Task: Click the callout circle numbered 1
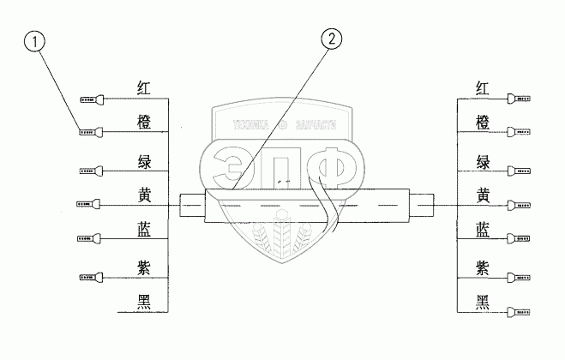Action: pyautogui.click(x=33, y=40)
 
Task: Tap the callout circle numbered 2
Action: pyautogui.click(x=332, y=39)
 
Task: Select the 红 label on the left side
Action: pyautogui.click(x=145, y=87)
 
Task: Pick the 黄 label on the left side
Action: pyautogui.click(x=145, y=195)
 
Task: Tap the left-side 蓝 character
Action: pyautogui.click(x=145, y=229)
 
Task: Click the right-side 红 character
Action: pyautogui.click(x=483, y=87)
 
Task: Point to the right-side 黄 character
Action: pyautogui.click(x=483, y=195)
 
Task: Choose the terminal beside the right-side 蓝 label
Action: pyautogui.click(x=520, y=238)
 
